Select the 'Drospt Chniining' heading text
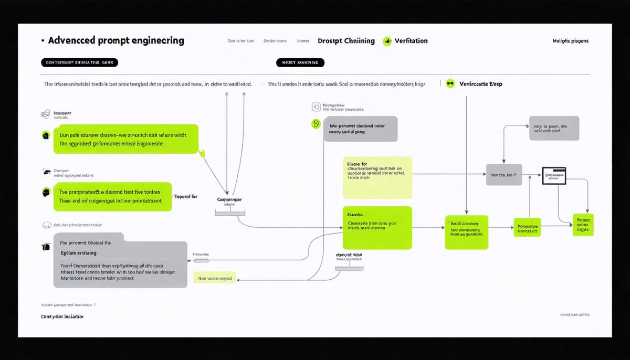[x=346, y=41]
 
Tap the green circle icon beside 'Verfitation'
[x=387, y=41]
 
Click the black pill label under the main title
[x=79, y=62]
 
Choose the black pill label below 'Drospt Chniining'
[x=300, y=62]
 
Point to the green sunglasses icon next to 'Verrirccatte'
[x=450, y=83]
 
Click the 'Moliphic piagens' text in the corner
[x=570, y=41]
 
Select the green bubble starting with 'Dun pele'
[x=126, y=139]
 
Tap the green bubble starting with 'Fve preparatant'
[x=113, y=196]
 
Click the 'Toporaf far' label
[x=186, y=196]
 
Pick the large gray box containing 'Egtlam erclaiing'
[x=120, y=264]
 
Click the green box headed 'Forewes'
[x=376, y=228]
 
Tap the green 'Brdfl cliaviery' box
[x=466, y=232]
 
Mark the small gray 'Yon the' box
[x=503, y=175]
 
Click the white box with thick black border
[x=554, y=176]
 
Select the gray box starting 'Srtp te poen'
[x=554, y=129]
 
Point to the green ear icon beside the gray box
[x=316, y=124]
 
